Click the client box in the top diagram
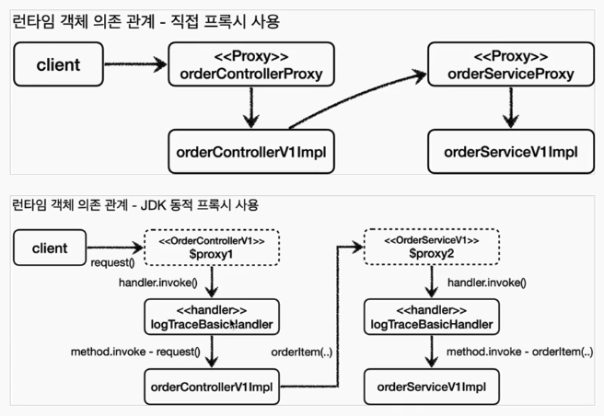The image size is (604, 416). click(x=59, y=64)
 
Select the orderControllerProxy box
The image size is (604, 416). click(x=251, y=64)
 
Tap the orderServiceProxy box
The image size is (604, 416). click(x=511, y=64)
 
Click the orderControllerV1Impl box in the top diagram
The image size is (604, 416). click(x=251, y=152)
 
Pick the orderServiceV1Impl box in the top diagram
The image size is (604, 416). click(x=511, y=152)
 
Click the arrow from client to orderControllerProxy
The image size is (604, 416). click(x=135, y=64)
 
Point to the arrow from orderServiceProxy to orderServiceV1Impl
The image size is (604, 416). click(x=511, y=108)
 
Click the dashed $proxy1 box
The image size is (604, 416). click(x=212, y=248)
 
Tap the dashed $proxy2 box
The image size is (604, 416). click(x=432, y=247)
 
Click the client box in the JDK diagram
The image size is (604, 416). click(x=50, y=248)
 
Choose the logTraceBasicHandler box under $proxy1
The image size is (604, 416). click(x=212, y=317)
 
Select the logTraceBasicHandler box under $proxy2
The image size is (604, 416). click(x=432, y=317)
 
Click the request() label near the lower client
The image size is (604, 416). click(x=112, y=262)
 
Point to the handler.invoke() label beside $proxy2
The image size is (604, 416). click(x=487, y=283)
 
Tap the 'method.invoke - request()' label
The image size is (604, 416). click(x=135, y=352)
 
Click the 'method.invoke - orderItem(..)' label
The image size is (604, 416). click(x=519, y=352)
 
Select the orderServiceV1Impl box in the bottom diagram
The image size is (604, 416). click(x=432, y=387)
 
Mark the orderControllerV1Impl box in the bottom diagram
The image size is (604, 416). click(x=212, y=387)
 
